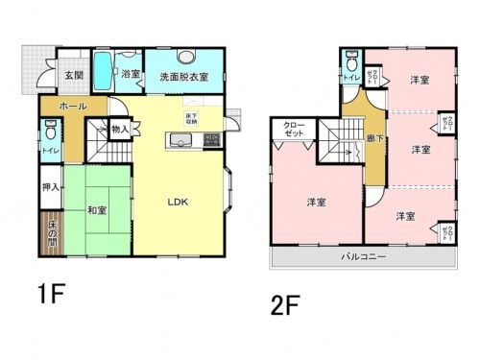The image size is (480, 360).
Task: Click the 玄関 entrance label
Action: (x=73, y=75)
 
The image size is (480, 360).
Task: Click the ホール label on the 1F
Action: (x=74, y=106)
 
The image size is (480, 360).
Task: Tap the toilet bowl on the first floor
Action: (x=48, y=129)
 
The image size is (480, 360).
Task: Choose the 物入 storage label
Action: (x=121, y=128)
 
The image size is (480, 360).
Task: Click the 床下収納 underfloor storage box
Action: (x=192, y=119)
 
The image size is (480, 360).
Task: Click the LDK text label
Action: (x=179, y=202)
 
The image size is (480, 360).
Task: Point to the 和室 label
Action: (x=96, y=209)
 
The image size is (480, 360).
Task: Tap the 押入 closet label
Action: (x=49, y=187)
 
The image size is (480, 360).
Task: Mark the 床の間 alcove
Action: (x=51, y=235)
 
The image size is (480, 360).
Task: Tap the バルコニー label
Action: (x=363, y=257)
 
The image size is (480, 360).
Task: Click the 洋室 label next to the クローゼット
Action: (x=317, y=202)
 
